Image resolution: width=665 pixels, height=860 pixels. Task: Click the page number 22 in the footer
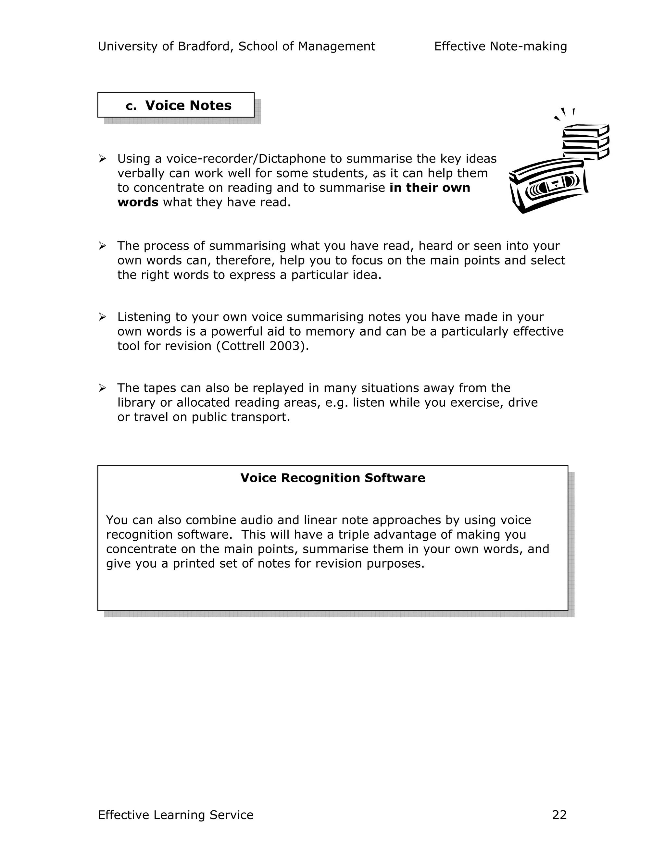pyautogui.click(x=559, y=815)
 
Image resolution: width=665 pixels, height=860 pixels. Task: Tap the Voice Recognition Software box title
pyautogui.click(x=332, y=478)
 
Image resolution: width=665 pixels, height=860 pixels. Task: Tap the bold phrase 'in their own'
pyautogui.click(x=429, y=188)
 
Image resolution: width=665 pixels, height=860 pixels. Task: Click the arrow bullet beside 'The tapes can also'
pyautogui.click(x=102, y=388)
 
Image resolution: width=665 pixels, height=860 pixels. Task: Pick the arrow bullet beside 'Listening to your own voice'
pyautogui.click(x=102, y=317)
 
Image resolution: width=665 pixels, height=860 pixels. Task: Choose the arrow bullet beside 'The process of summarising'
pyautogui.click(x=102, y=246)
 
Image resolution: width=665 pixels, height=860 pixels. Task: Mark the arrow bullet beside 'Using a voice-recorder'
pyautogui.click(x=102, y=159)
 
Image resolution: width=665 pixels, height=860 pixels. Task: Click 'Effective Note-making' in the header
pyautogui.click(x=500, y=46)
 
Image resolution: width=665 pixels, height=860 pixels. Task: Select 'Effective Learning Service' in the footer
pyautogui.click(x=175, y=815)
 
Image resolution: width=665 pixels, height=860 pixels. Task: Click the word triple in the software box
pyautogui.click(x=352, y=535)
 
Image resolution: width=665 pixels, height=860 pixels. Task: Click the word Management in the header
pyautogui.click(x=336, y=46)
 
